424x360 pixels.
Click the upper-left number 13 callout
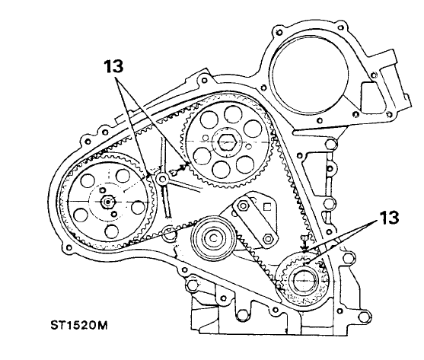pos(114,67)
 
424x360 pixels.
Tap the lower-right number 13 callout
pos(389,218)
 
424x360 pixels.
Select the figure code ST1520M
pos(79,326)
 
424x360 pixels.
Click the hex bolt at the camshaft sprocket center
pos(227,142)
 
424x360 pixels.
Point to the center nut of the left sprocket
pos(108,202)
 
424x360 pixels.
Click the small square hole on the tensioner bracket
pos(267,207)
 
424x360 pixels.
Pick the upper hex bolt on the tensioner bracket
pos(243,206)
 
